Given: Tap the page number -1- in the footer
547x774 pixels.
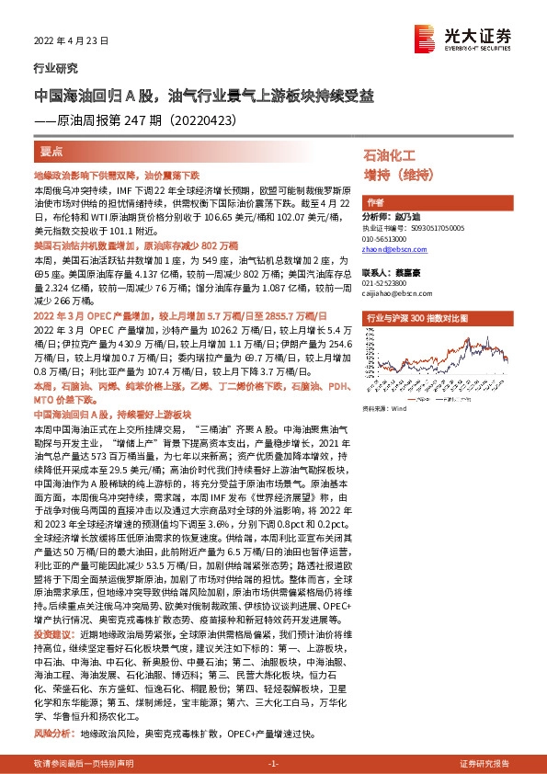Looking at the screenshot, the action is pyautogui.click(x=273, y=764).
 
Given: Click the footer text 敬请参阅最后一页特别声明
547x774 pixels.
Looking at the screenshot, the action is pyautogui.click(x=84, y=764).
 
